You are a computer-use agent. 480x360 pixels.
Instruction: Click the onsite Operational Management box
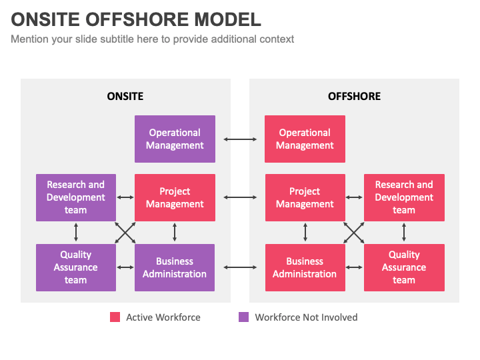click(x=175, y=139)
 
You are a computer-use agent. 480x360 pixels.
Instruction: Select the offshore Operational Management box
click(x=305, y=139)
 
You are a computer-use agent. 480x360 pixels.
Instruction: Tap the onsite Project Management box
click(x=175, y=198)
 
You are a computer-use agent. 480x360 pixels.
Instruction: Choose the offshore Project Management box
click(x=305, y=198)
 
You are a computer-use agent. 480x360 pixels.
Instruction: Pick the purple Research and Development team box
click(x=76, y=198)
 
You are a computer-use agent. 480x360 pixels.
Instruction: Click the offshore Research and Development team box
click(x=404, y=198)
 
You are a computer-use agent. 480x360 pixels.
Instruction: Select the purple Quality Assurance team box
click(x=76, y=267)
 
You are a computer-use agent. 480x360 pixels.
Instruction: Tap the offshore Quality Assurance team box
click(x=404, y=267)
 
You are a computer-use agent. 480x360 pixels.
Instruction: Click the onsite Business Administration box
click(x=175, y=267)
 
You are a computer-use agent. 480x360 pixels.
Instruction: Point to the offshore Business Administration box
click(x=305, y=267)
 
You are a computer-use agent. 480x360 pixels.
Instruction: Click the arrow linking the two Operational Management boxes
click(x=240, y=139)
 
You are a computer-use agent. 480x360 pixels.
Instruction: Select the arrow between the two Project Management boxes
click(x=240, y=197)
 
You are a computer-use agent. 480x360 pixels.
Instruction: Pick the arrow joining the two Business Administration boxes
click(x=240, y=267)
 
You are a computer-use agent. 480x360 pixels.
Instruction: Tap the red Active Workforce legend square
click(x=115, y=317)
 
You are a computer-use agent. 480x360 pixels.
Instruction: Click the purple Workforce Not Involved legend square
click(x=244, y=317)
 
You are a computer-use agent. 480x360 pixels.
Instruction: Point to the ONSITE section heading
click(x=125, y=97)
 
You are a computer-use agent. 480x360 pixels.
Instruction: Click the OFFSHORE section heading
click(x=354, y=97)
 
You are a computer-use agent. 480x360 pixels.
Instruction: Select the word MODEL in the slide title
click(x=228, y=19)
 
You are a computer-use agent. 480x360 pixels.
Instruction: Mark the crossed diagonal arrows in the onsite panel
click(x=125, y=233)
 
